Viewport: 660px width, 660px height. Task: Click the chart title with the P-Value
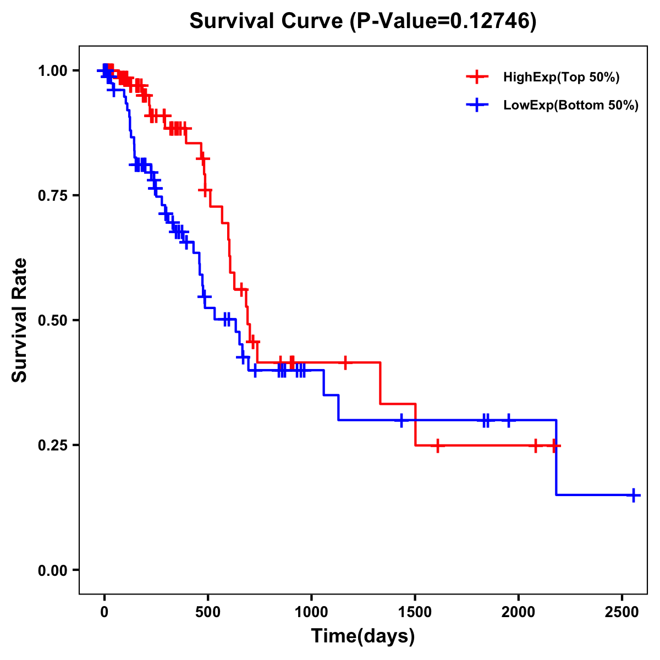click(362, 21)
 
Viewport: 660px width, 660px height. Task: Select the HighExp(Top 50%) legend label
click(561, 78)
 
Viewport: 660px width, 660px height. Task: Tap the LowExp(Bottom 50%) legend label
click(571, 106)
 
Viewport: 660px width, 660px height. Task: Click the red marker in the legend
click(477, 77)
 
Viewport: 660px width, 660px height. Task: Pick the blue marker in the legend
click(477, 105)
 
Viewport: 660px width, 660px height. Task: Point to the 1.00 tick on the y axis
click(52, 70)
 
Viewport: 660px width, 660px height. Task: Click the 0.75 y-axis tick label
click(52, 195)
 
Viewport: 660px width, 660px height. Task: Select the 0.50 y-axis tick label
click(52, 320)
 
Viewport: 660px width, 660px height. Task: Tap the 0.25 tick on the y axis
click(52, 445)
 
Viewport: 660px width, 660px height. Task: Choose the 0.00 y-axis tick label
click(52, 570)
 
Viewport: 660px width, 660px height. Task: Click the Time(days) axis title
click(363, 636)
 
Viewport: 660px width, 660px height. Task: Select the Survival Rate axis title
click(20, 320)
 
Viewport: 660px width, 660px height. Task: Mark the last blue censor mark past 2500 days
click(634, 495)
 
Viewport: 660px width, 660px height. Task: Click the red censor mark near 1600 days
click(437, 445)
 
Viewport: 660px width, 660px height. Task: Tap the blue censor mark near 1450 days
click(402, 420)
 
